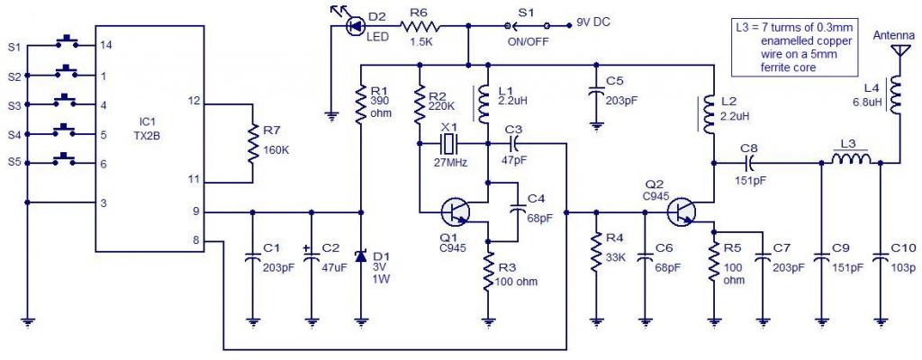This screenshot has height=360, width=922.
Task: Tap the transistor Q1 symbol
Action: pyautogui.click(x=456, y=212)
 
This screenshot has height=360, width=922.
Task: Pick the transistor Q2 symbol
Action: pyautogui.click(x=683, y=212)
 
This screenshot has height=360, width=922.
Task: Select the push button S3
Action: pyautogui.click(x=66, y=100)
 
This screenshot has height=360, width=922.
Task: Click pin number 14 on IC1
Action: pyautogui.click(x=105, y=44)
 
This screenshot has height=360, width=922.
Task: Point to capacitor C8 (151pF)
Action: pyautogui.click(x=749, y=163)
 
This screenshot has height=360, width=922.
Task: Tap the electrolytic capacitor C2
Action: pyautogui.click(x=312, y=256)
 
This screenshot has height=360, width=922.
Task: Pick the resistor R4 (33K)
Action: pyautogui.click(x=595, y=252)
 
